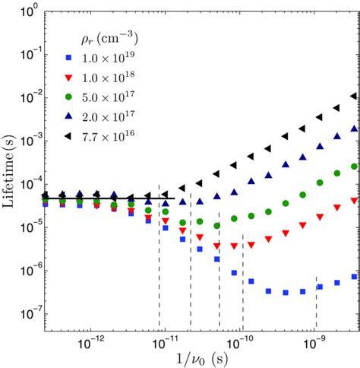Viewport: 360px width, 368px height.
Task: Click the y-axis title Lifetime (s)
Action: [x=9, y=176]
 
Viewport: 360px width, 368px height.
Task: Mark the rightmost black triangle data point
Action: [x=352, y=97]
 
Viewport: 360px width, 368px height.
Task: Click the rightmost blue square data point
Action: [x=353, y=277]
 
